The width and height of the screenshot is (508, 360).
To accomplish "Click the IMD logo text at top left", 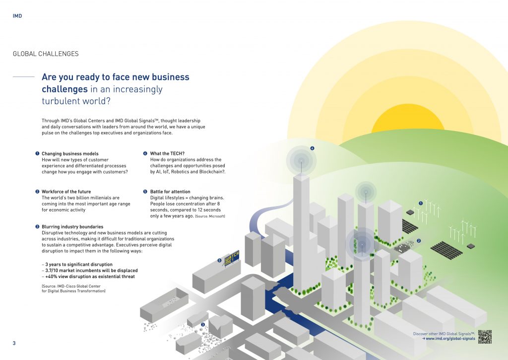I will tap(17, 16).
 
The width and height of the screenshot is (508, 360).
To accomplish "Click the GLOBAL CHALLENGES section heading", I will tap(46, 54).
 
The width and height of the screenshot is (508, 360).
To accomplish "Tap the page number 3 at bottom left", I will tap(14, 343).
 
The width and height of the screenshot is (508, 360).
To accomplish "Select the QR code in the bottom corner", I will tap(485, 337).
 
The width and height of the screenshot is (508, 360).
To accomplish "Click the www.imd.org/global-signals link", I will tap(450, 339).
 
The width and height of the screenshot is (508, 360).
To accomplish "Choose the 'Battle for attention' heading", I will tap(170, 192).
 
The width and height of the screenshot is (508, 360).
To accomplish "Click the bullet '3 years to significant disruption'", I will tap(76, 265).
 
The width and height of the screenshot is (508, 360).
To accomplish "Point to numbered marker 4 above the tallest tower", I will tap(312, 148).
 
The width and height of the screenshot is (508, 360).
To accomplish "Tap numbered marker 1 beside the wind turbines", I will tap(421, 203).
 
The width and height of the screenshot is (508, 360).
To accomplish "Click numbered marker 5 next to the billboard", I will tap(220, 260).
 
